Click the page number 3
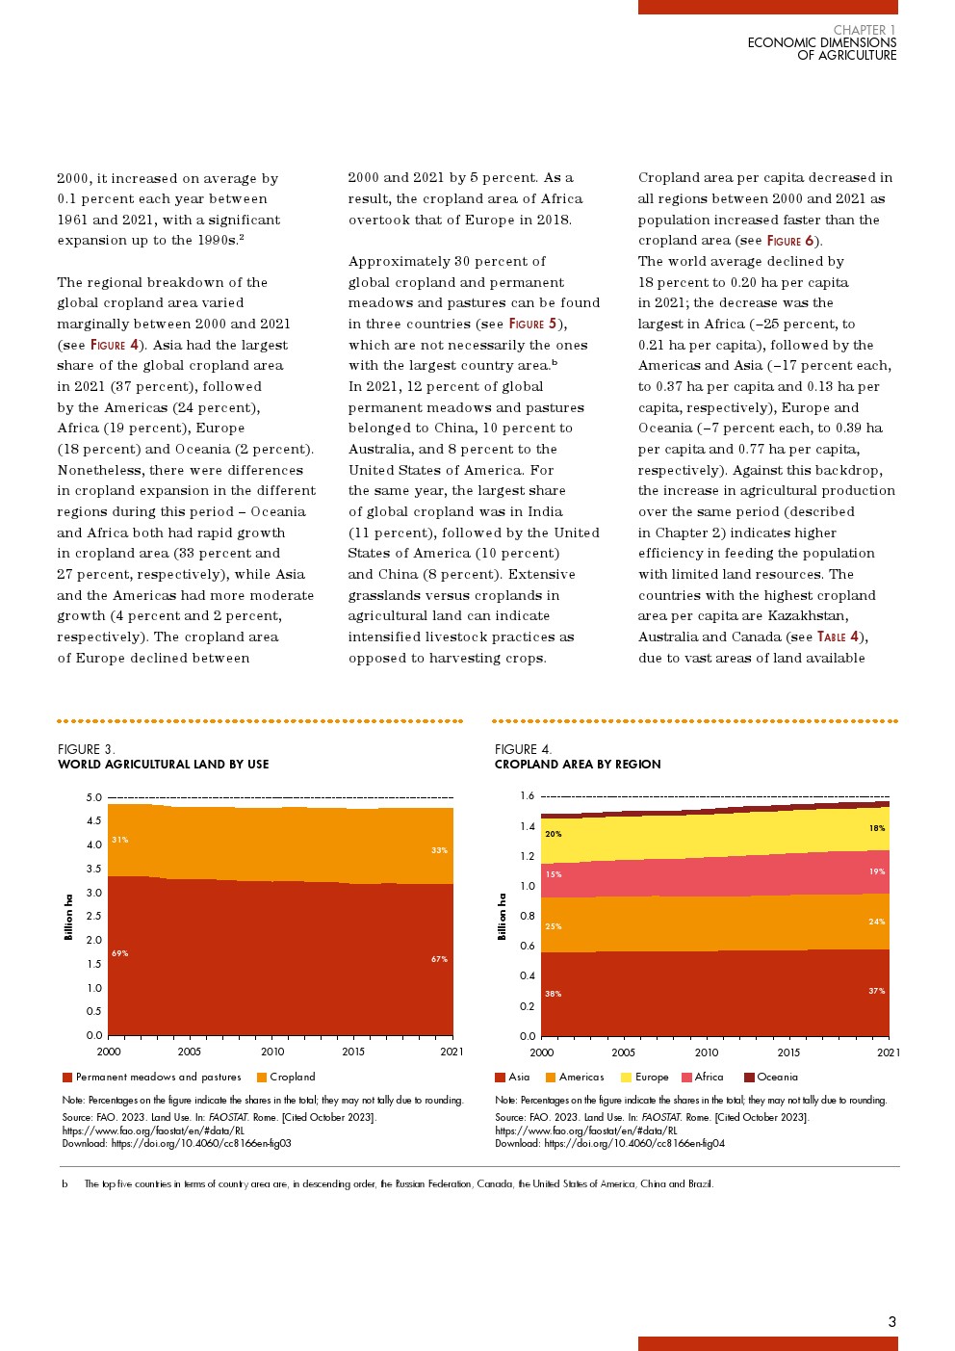click(x=891, y=1322)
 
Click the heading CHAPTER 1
click(x=865, y=30)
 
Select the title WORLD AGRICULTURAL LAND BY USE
click(x=163, y=765)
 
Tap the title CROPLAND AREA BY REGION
click(x=578, y=765)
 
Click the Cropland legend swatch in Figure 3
click(x=262, y=1078)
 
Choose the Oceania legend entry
click(x=770, y=1078)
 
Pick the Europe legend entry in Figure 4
click(x=644, y=1078)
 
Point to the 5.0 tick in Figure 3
click(x=93, y=797)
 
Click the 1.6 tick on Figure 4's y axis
click(x=527, y=795)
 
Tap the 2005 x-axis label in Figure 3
click(x=189, y=1052)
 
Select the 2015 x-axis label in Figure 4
click(x=788, y=1052)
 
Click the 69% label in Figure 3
click(x=119, y=953)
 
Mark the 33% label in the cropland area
click(x=439, y=850)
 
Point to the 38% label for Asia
click(x=553, y=994)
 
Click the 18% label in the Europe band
click(x=876, y=828)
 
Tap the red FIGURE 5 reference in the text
click(x=532, y=324)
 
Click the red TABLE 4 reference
click(x=838, y=637)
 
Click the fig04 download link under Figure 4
click(x=633, y=1144)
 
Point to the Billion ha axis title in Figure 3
click(x=68, y=917)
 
